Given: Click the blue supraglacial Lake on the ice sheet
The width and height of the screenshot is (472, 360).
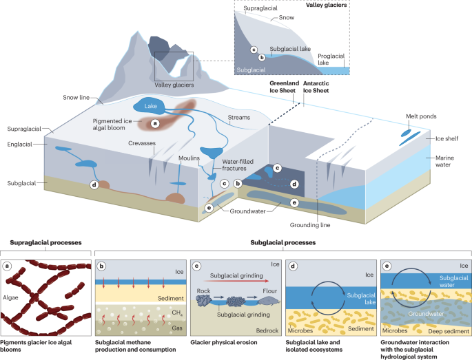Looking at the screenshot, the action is pos(150,106).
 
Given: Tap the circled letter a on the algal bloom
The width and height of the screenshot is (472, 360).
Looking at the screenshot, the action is pos(155,123).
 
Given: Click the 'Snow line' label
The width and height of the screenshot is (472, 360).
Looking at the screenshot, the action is pos(76,98).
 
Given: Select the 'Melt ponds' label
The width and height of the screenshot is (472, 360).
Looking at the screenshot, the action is pos(421,116).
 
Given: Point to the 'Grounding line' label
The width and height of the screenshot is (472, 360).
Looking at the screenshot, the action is pos(310,225).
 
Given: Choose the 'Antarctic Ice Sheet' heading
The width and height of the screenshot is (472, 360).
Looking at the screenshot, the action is pos(316,87).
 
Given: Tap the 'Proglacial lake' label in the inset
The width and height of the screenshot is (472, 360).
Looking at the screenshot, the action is pos(331,59).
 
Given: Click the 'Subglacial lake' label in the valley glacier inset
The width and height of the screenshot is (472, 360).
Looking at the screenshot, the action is pos(290,49).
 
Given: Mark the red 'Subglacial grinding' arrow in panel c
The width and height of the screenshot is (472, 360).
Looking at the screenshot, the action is pos(236,281).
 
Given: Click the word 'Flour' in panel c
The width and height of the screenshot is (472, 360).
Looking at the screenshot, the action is pos(269,291).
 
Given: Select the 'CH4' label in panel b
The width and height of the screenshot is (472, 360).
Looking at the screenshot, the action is pos(177,313).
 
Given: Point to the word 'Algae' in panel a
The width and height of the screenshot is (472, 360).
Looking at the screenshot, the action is pos(10,297).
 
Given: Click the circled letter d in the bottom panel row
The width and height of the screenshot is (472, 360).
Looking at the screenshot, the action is pos(293,266).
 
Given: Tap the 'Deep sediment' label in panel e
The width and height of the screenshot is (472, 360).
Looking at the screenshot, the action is pos(449,331).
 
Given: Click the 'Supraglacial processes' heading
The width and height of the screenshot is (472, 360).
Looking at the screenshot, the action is pos(45,243).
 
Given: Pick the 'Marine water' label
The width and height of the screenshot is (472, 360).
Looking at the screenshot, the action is pos(444,161).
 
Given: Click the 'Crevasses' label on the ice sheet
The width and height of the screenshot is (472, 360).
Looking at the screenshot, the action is pos(142,143).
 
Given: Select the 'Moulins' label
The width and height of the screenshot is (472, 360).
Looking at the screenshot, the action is pos(189,158).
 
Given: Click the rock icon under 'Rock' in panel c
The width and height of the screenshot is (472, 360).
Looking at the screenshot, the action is pos(205,300).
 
